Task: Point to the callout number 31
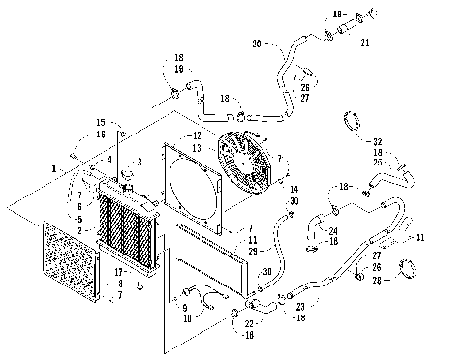(419, 237)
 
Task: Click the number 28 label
(394, 280)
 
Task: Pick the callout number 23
(300, 306)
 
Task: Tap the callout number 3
(140, 161)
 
